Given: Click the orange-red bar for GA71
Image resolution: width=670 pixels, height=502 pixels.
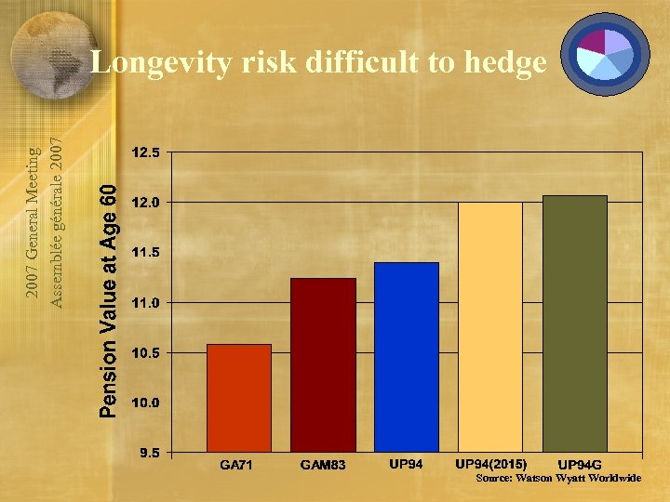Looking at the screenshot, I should pos(239,398).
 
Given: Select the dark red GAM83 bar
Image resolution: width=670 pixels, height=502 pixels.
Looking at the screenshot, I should pos(323,364).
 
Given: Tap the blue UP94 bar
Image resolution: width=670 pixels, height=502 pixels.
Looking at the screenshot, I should pos(406,357).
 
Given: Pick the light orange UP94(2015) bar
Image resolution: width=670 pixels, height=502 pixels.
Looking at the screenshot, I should pos(490,327).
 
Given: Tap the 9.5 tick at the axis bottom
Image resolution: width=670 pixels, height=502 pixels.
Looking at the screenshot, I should pos(148,454).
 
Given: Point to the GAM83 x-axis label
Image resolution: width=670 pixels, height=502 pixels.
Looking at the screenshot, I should pos(323,465).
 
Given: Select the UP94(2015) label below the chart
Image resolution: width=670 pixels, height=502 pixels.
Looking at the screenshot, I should pos(490,463).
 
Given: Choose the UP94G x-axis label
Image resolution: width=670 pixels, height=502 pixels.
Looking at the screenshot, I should pos(579,465).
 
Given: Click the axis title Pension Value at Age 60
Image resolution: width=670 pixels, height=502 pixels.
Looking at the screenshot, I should pos(109,299).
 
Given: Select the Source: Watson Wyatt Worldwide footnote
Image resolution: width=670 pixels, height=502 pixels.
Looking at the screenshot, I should pos(558,478).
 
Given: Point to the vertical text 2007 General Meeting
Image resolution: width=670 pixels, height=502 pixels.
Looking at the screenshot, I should pos(32,222).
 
